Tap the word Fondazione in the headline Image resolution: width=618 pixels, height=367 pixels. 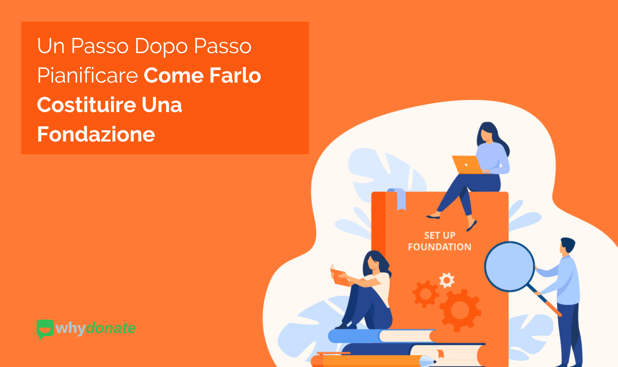pyautogui.click(x=96, y=134)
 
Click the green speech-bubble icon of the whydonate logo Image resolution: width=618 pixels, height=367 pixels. pyautogui.click(x=45, y=328)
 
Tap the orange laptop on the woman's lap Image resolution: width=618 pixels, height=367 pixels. pyautogui.click(x=466, y=165)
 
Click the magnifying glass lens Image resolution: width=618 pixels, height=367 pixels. pyautogui.click(x=509, y=266)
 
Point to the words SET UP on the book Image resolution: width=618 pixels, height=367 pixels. pyautogui.click(x=439, y=236)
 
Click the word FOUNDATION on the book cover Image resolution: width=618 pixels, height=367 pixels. pyautogui.click(x=439, y=247)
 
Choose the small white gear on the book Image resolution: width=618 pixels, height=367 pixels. pyautogui.click(x=447, y=280)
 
